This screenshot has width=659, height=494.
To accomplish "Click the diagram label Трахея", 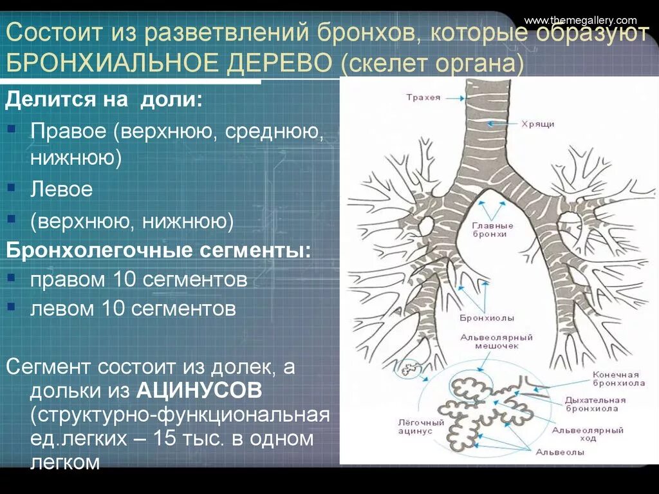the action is [423, 97].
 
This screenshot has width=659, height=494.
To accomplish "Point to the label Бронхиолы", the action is [478, 318].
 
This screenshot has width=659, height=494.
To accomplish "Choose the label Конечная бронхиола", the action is [615, 379].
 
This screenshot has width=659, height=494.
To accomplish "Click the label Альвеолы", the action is [560, 452].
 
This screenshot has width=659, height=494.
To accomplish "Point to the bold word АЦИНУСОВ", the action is [199, 390].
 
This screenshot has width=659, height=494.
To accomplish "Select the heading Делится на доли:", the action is [104, 100].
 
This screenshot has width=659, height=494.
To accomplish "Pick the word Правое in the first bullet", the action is [68, 131].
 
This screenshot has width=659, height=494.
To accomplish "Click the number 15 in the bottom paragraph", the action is [164, 439].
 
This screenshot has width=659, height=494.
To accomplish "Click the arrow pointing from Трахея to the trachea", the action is [454, 98].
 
